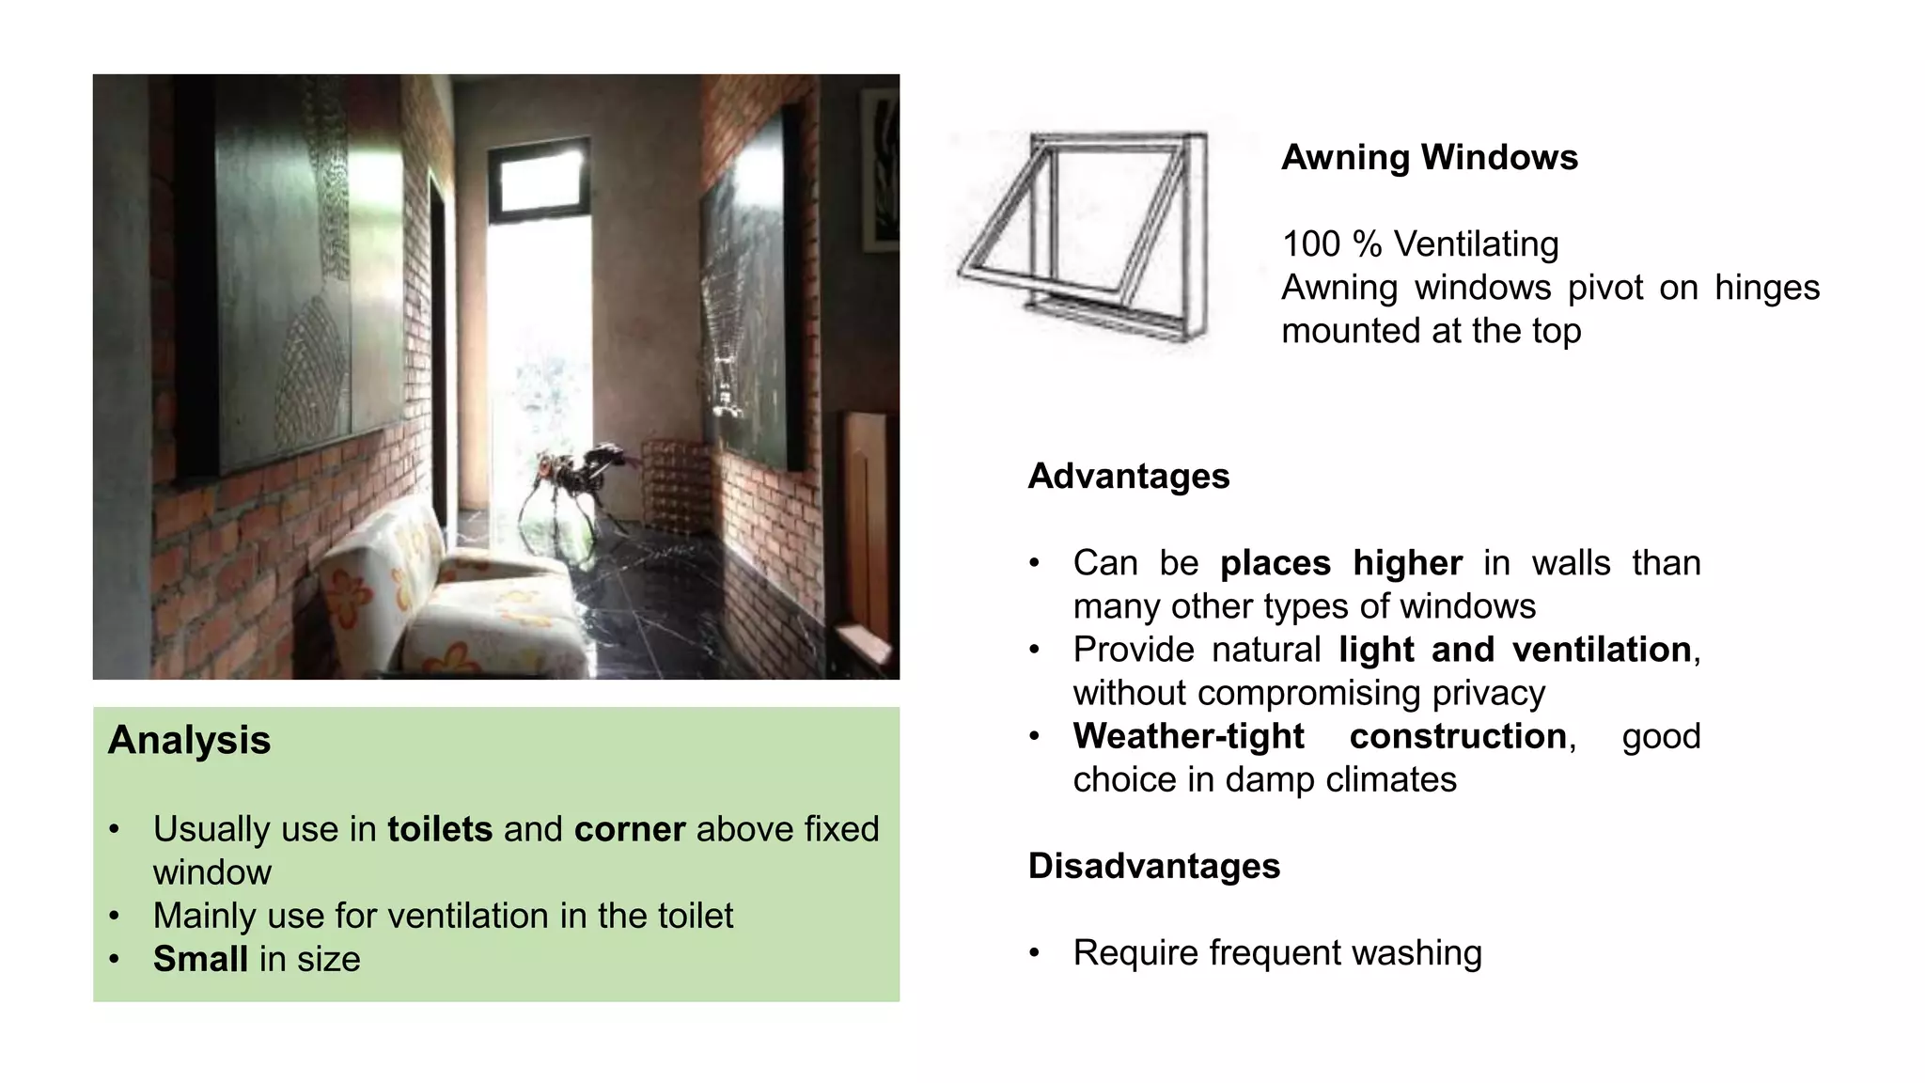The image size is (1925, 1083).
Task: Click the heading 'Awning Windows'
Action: pyautogui.click(x=1429, y=157)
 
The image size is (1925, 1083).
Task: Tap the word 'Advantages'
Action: pyautogui.click(x=1128, y=476)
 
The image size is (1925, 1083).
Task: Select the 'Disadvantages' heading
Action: pyautogui.click(x=1153, y=866)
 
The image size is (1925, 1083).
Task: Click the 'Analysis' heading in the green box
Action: pyautogui.click(x=189, y=740)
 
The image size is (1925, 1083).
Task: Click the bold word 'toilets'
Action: pyautogui.click(x=439, y=829)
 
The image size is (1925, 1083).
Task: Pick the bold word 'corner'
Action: pyautogui.click(x=630, y=829)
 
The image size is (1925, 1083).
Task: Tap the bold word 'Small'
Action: pyautogui.click(x=200, y=959)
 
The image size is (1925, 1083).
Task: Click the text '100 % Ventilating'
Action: pyautogui.click(x=1419, y=244)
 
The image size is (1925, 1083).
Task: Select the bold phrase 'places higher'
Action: pyautogui.click(x=1340, y=563)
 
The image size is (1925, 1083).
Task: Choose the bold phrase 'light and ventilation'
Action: pyautogui.click(x=1514, y=650)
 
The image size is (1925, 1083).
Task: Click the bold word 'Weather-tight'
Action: pyautogui.click(x=1188, y=736)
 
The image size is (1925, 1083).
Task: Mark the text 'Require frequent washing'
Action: pyautogui.click(x=1276, y=952)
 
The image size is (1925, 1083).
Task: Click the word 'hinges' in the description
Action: pyautogui.click(x=1766, y=288)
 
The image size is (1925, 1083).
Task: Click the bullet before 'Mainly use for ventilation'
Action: pyautogui.click(x=114, y=916)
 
